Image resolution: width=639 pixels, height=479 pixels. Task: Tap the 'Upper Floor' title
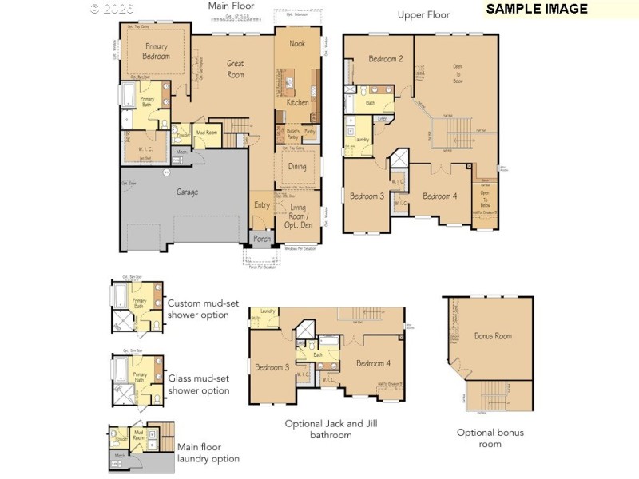pos(423,14)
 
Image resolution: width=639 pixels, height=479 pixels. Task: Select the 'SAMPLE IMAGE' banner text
pos(537,9)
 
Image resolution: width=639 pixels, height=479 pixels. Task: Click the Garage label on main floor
pos(188,192)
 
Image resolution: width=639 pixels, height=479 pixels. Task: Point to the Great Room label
pos(236,69)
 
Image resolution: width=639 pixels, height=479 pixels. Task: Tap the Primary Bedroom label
pos(157,51)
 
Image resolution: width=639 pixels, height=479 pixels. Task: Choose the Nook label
pos(297,43)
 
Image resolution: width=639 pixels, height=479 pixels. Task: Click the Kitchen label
pos(297,103)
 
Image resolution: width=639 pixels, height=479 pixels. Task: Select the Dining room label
pos(297,167)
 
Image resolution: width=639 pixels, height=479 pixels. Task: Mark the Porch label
pos(261,239)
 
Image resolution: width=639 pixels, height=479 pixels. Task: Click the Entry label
pos(262,205)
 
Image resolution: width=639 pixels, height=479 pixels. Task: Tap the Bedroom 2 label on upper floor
pos(385,59)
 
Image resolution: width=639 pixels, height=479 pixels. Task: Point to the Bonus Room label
pos(492,336)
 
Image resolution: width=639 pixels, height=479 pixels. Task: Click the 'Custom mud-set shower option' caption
pos(198,309)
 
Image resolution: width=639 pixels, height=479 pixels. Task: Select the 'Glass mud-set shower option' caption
pos(198,384)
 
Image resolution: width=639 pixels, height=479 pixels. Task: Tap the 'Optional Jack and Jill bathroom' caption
pos(330,430)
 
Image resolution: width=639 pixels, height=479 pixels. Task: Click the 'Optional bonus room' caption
pos(490,437)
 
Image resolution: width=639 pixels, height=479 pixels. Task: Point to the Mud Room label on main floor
pos(207,133)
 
